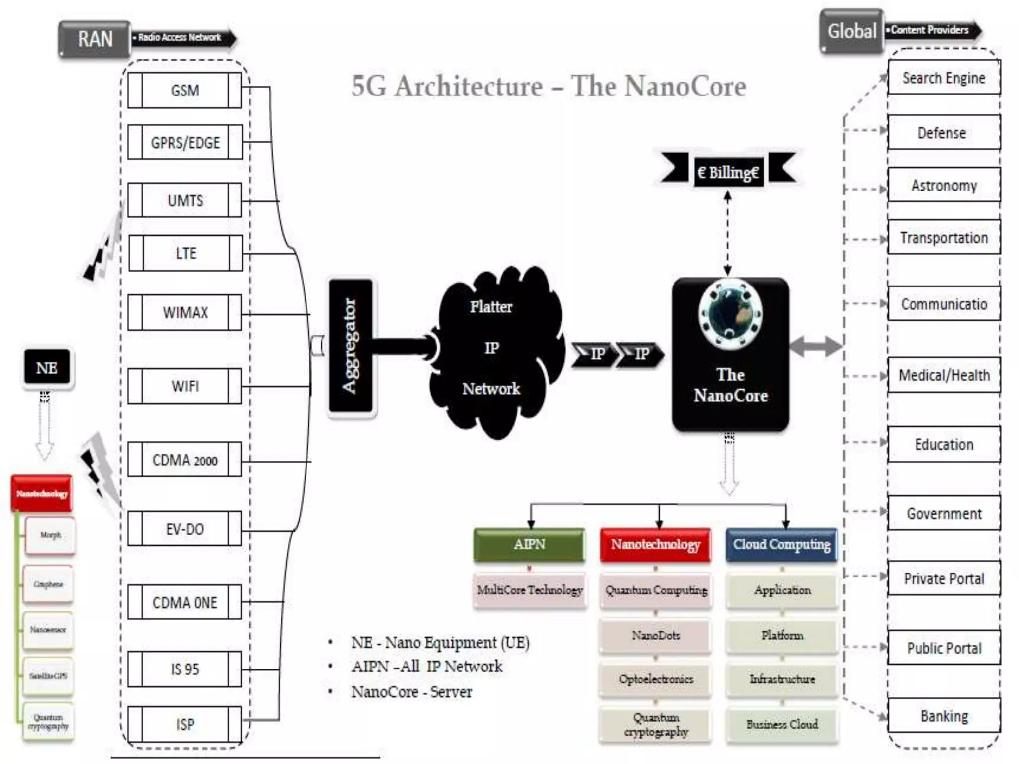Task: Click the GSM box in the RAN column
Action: click(x=185, y=91)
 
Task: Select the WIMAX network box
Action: click(x=185, y=313)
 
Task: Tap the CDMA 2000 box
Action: click(x=185, y=460)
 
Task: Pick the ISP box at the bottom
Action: click(x=185, y=724)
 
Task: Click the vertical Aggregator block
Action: click(x=351, y=346)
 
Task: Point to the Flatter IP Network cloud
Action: click(x=493, y=348)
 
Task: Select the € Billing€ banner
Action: click(x=728, y=172)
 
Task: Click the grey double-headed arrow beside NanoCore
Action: click(x=815, y=346)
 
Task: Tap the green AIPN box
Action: click(x=529, y=545)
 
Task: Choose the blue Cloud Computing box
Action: click(x=782, y=545)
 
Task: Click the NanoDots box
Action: click(x=655, y=636)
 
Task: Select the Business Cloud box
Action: click(x=782, y=725)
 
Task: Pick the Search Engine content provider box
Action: click(x=943, y=78)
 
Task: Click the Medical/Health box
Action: click(x=943, y=375)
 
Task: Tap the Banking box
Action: click(x=943, y=716)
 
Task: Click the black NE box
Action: click(x=47, y=368)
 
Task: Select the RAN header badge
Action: click(x=95, y=39)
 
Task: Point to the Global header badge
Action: click(x=851, y=31)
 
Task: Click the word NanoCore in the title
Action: click(x=685, y=87)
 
